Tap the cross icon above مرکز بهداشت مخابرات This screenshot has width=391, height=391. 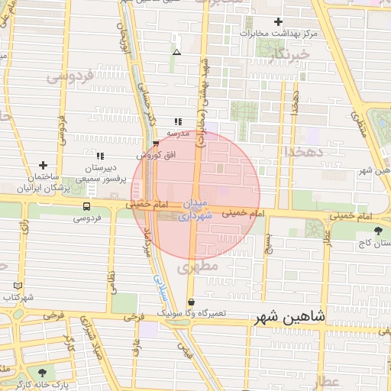click(278, 22)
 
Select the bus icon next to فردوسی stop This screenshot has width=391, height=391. click(86, 206)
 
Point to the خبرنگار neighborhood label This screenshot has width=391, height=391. click(294, 55)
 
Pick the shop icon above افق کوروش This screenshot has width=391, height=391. click(157, 143)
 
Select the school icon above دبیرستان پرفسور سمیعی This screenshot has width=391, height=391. click(99, 156)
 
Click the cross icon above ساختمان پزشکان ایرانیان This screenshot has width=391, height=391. click(43, 165)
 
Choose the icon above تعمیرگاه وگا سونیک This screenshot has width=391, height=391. click(190, 302)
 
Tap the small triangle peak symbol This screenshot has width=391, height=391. click(177, 52)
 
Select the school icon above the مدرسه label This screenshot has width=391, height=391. click(178, 121)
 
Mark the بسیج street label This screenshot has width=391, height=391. click(267, 244)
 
